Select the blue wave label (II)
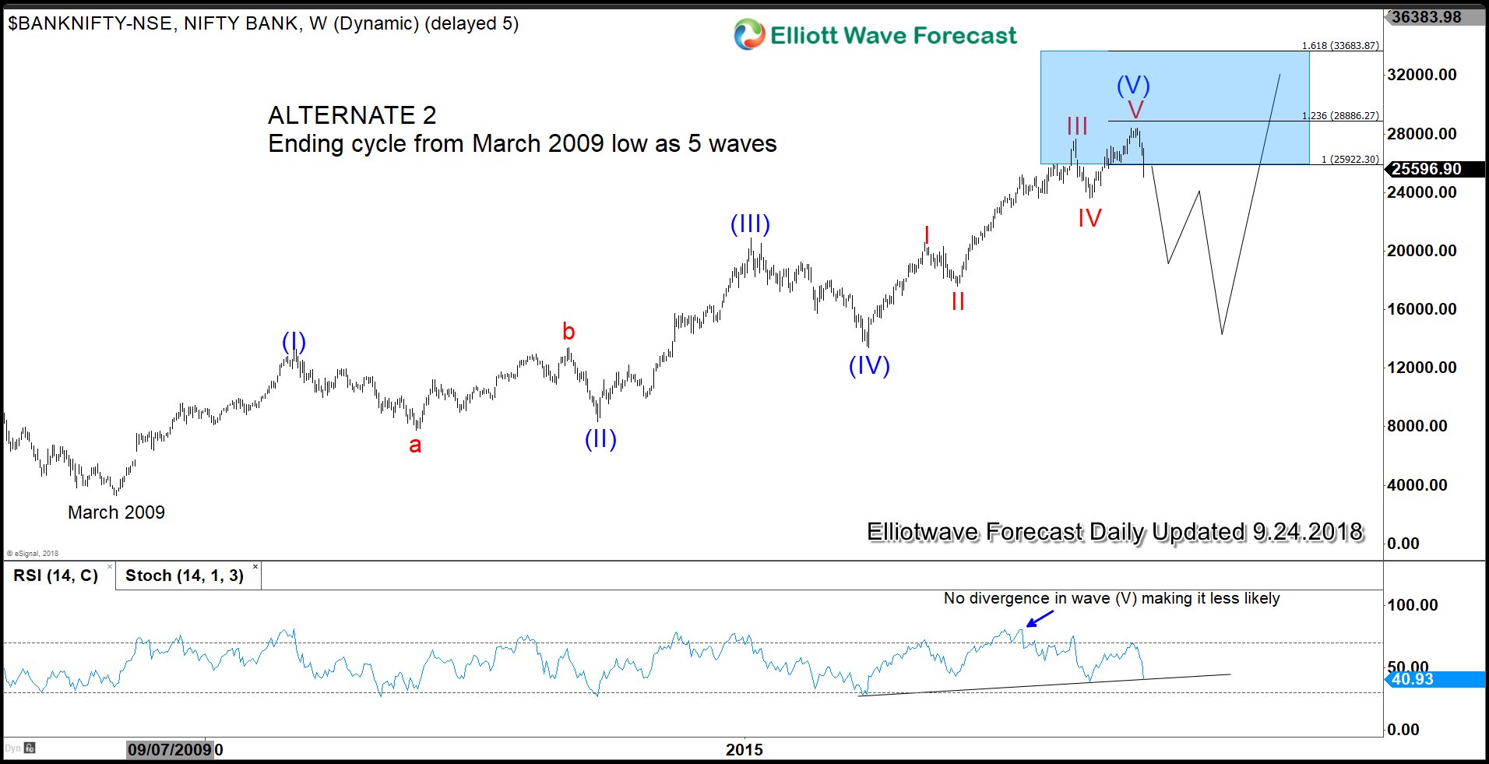(600, 439)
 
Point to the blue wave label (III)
(750, 224)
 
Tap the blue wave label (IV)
(869, 365)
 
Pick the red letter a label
(415, 445)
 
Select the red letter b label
(568, 332)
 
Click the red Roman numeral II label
(958, 301)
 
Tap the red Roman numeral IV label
(1089, 218)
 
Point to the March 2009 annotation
(116, 512)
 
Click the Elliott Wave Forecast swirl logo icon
(749, 35)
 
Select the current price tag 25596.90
(1427, 169)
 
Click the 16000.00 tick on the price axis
(1421, 308)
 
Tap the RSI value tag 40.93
(1413, 679)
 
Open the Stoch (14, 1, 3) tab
(185, 576)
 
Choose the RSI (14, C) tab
(56, 576)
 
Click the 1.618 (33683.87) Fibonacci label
(1340, 46)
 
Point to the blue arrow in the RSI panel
(1040, 618)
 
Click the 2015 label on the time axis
(744, 749)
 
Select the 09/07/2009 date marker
(170, 749)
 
